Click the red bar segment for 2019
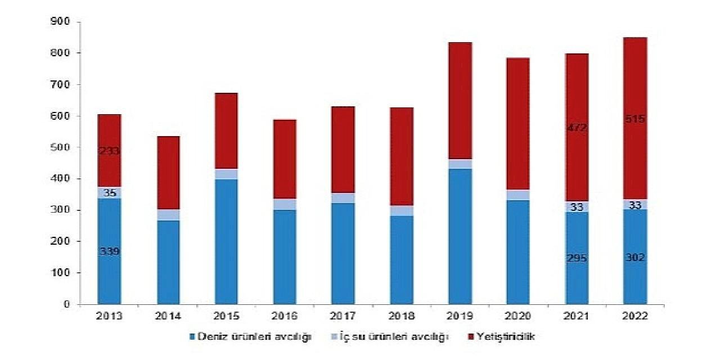click(x=460, y=101)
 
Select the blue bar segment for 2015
click(x=226, y=242)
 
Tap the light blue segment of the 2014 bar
click(x=168, y=215)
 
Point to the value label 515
click(x=634, y=119)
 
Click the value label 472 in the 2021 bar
click(x=577, y=128)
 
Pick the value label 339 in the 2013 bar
click(x=109, y=251)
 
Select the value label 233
click(x=109, y=151)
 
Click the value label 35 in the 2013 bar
click(x=109, y=193)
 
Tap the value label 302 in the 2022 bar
click(x=634, y=257)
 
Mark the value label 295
click(x=577, y=258)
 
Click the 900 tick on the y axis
click(x=60, y=21)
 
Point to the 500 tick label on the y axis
click(x=60, y=147)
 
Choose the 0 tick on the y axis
click(x=66, y=304)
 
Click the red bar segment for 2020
click(x=518, y=124)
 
